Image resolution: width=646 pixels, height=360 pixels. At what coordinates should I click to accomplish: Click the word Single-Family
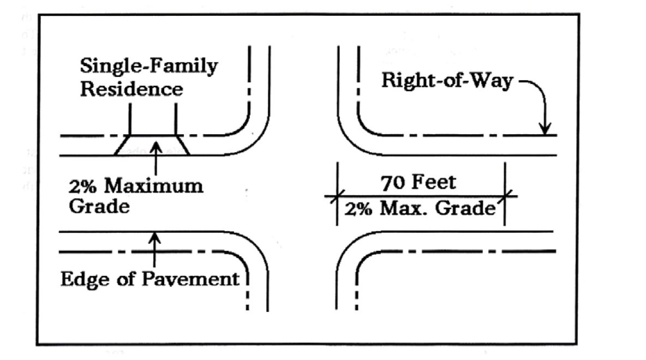pyautogui.click(x=149, y=67)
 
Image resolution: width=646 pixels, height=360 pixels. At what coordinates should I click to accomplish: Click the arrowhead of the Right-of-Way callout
pyautogui.click(x=544, y=131)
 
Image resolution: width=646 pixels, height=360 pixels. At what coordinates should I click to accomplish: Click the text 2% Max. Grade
pyautogui.click(x=420, y=208)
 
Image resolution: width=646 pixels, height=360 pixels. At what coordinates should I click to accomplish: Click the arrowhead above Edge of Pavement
pyautogui.click(x=155, y=236)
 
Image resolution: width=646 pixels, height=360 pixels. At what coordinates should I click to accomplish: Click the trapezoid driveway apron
pyautogui.click(x=152, y=145)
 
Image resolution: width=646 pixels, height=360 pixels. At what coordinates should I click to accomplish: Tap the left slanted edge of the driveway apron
pyautogui.click(x=122, y=145)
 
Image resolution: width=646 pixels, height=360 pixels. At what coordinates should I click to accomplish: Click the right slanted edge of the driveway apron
pyautogui.click(x=182, y=145)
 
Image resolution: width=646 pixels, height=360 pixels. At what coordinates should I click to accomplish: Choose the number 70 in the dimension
pyautogui.click(x=392, y=182)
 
